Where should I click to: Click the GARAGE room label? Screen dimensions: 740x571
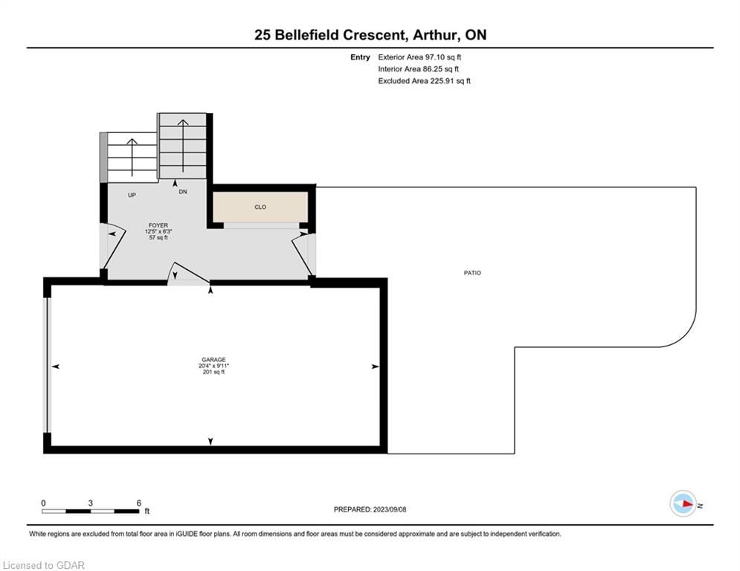[x=213, y=360]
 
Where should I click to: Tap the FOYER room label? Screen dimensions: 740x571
[x=158, y=225]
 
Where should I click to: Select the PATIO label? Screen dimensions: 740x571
[x=472, y=273]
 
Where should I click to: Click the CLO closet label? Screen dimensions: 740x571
[x=260, y=207]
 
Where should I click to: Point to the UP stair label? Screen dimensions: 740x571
[x=132, y=195]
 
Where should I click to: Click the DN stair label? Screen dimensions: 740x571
[x=183, y=192]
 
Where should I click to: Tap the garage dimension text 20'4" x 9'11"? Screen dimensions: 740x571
[x=213, y=366]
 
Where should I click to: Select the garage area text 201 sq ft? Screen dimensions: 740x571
[x=213, y=372]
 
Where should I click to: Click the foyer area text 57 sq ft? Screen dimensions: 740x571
[x=158, y=237]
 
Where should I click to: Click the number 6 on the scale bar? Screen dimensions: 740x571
[x=139, y=503]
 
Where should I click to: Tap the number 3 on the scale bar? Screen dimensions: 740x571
[x=90, y=503]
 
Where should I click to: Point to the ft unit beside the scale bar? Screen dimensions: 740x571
[x=147, y=511]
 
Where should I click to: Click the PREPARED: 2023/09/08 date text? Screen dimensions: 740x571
[x=370, y=509]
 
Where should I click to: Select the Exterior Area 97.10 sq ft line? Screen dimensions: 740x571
[x=419, y=57]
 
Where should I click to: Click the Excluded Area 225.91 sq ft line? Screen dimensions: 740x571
[x=424, y=81]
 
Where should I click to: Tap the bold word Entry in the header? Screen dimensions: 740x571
[x=360, y=57]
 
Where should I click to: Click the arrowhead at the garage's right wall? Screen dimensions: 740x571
[x=376, y=367]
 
